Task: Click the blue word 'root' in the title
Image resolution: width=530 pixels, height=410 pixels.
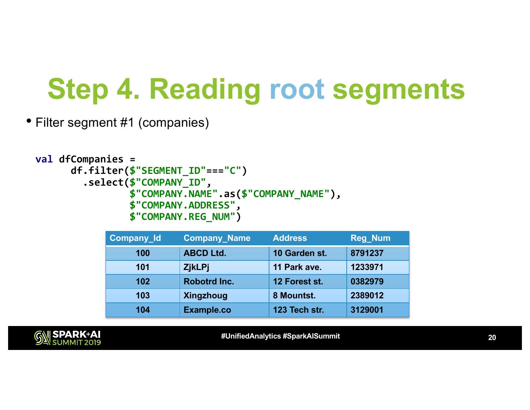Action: pos(297,90)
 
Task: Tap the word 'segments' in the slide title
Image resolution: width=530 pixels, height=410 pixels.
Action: pos(398,90)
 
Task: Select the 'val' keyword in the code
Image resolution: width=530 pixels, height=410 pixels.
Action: pos(44,159)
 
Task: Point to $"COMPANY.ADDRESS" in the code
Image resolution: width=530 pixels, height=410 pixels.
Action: pos(182,205)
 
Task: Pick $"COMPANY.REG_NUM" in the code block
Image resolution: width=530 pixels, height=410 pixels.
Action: pos(182,217)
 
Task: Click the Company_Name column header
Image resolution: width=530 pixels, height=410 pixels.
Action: pos(217,238)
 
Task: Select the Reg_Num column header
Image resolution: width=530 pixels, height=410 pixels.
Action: pos(370,238)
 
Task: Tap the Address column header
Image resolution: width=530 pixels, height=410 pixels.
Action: pos(290,238)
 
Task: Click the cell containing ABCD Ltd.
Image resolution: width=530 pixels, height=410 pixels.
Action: pos(205,253)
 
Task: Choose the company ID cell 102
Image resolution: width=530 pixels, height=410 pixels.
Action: pos(142,281)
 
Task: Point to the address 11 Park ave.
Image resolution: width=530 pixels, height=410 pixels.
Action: pos(297,267)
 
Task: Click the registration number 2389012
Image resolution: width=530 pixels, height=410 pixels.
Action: pos(367,295)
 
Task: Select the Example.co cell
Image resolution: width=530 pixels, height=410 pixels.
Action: pos(207,310)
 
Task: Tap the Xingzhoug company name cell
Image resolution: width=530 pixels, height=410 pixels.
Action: pos(205,295)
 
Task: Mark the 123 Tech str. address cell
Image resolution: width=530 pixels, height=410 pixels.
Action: pos(298,310)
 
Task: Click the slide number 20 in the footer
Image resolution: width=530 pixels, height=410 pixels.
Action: pos(492,337)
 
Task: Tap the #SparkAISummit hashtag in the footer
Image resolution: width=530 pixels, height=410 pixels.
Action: pos(311,336)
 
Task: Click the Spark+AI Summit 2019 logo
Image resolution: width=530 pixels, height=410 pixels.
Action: pos(68,338)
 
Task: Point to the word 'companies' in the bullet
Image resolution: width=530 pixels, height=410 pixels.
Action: pos(174,122)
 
